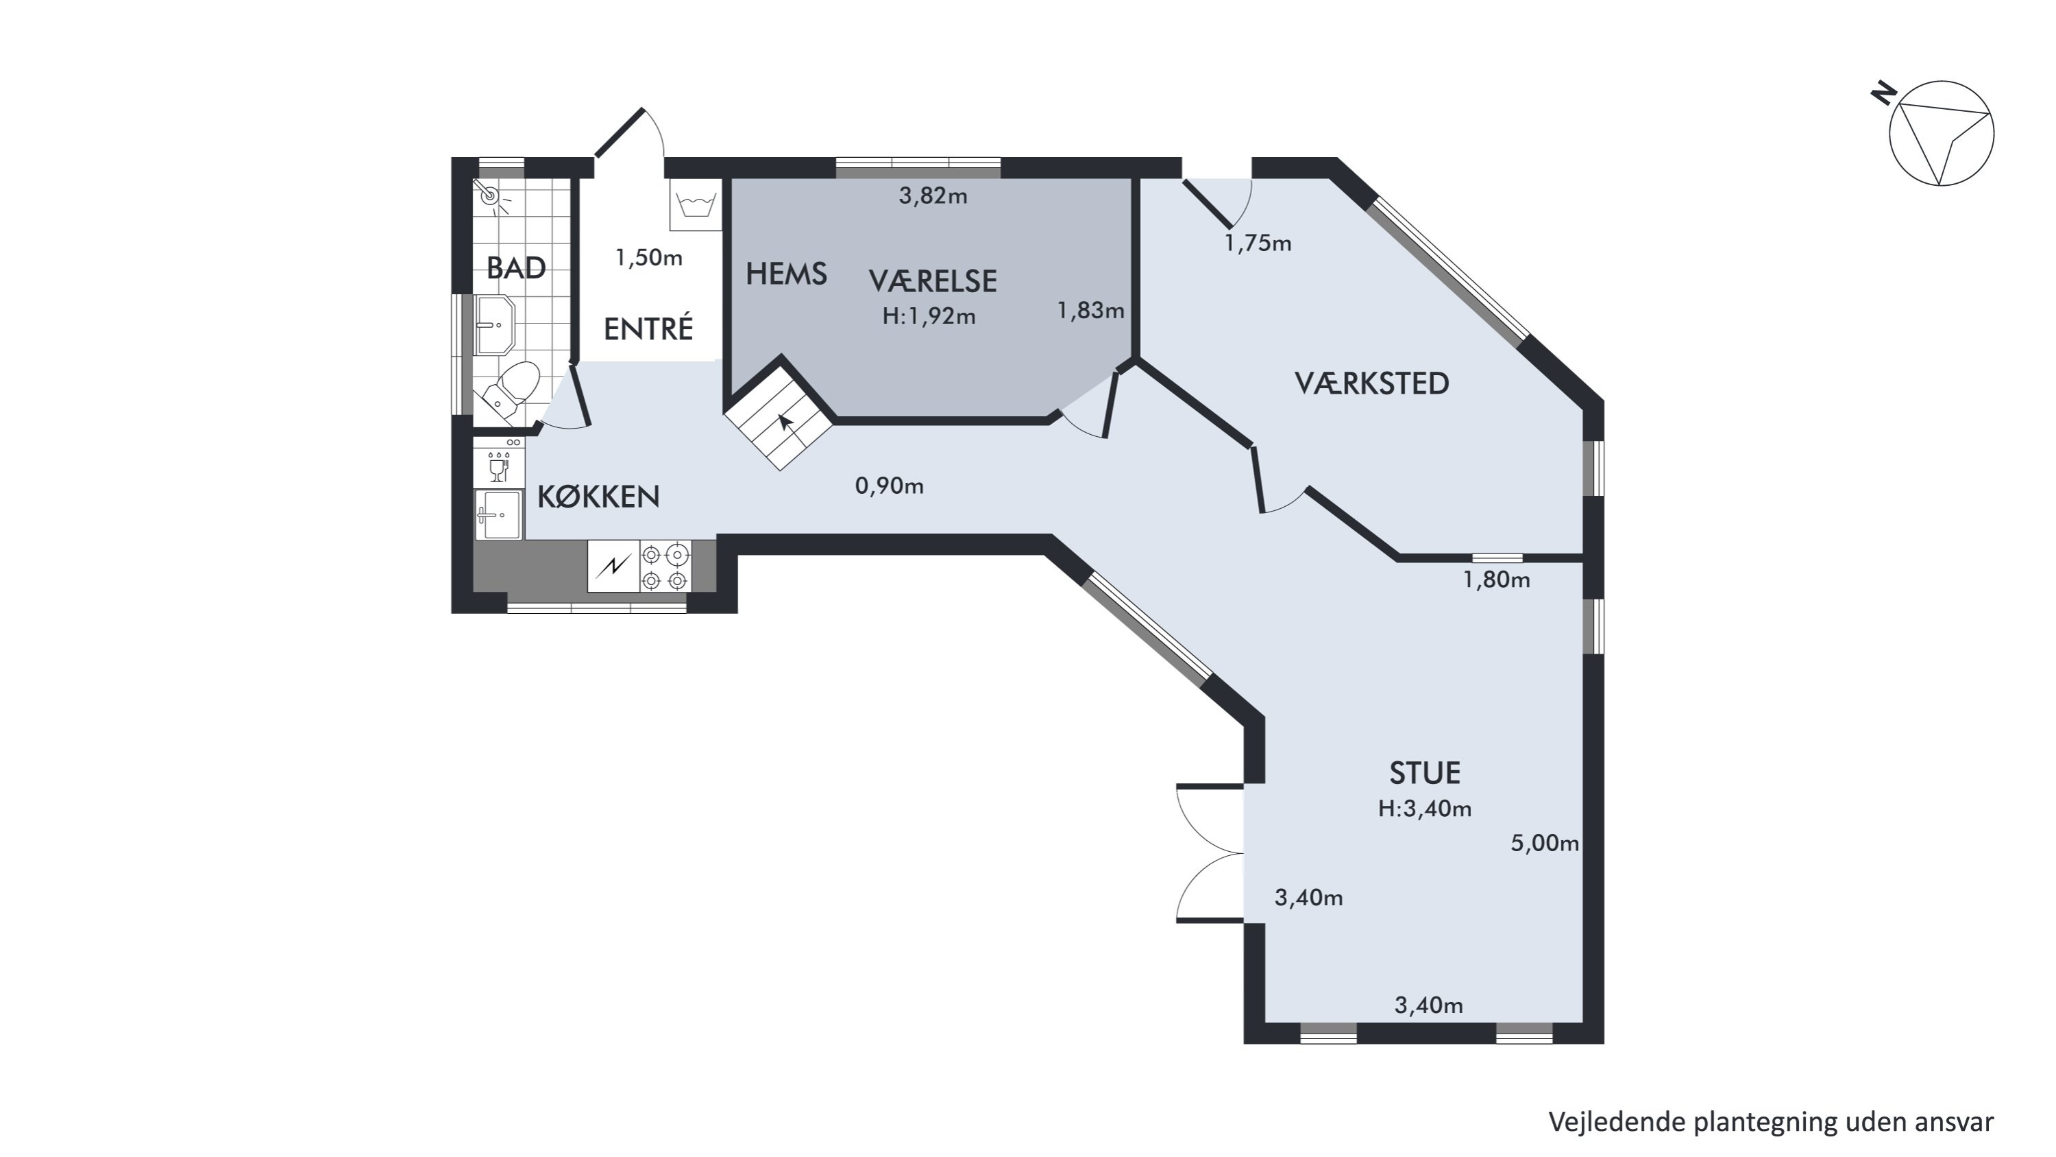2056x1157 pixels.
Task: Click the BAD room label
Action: click(x=516, y=268)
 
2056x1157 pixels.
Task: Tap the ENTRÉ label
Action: click(x=648, y=329)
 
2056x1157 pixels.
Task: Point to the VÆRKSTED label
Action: click(x=1371, y=384)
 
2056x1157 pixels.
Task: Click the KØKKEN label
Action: click(x=598, y=497)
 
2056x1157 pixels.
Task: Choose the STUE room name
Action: click(x=1425, y=773)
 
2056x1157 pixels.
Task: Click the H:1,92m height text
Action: click(x=929, y=317)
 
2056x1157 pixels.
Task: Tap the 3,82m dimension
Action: click(x=933, y=195)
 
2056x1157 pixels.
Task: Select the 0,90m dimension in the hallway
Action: click(x=889, y=486)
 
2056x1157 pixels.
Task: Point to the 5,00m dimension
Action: click(x=1544, y=843)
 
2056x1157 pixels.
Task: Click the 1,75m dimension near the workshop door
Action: click(x=1258, y=243)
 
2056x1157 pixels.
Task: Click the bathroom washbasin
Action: click(x=495, y=325)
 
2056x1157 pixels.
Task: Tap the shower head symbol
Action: click(x=490, y=195)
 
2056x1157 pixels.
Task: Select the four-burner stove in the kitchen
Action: click(x=665, y=566)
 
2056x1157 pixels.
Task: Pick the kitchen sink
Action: click(x=499, y=515)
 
